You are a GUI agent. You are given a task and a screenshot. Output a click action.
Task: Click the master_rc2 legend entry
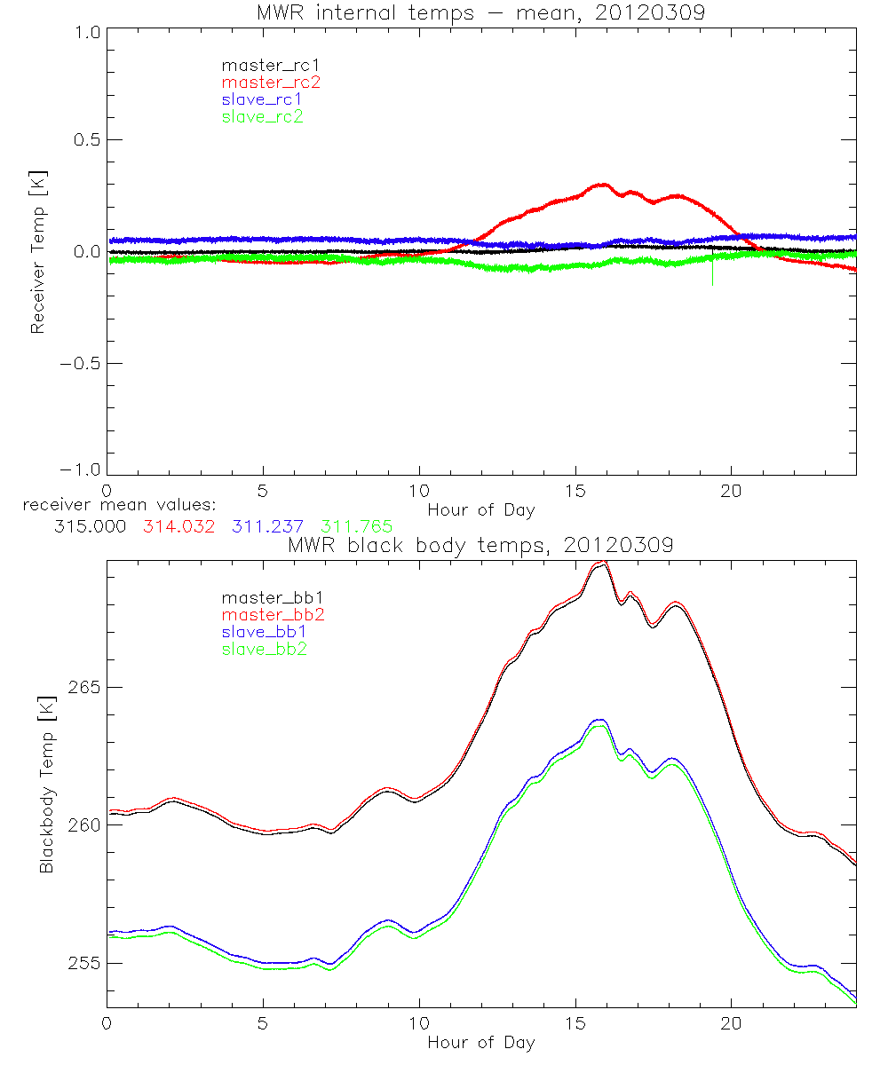(x=271, y=83)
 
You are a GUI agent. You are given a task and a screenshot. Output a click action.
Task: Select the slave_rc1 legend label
(x=263, y=99)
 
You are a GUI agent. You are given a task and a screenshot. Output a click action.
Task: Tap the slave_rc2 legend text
(x=263, y=116)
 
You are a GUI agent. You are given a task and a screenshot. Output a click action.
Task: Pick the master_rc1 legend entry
(x=271, y=66)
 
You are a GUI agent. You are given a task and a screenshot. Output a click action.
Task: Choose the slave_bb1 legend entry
(x=266, y=632)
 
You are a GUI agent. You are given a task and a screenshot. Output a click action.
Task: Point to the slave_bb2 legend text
(x=266, y=649)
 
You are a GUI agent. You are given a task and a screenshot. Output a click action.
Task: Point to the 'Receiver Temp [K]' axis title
(x=37, y=252)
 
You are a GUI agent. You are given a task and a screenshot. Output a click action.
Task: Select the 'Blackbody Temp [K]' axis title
(x=46, y=785)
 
